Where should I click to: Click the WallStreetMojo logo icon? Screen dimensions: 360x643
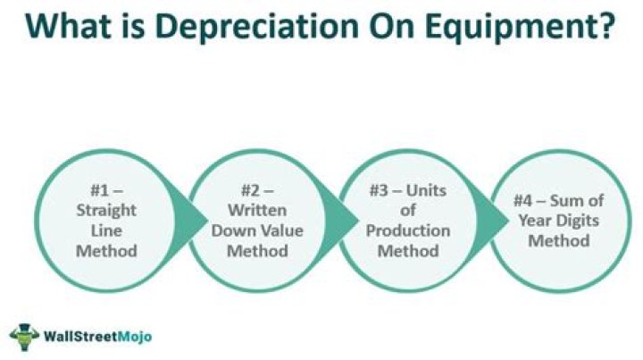point(25,335)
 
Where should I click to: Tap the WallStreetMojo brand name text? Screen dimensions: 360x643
point(97,337)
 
